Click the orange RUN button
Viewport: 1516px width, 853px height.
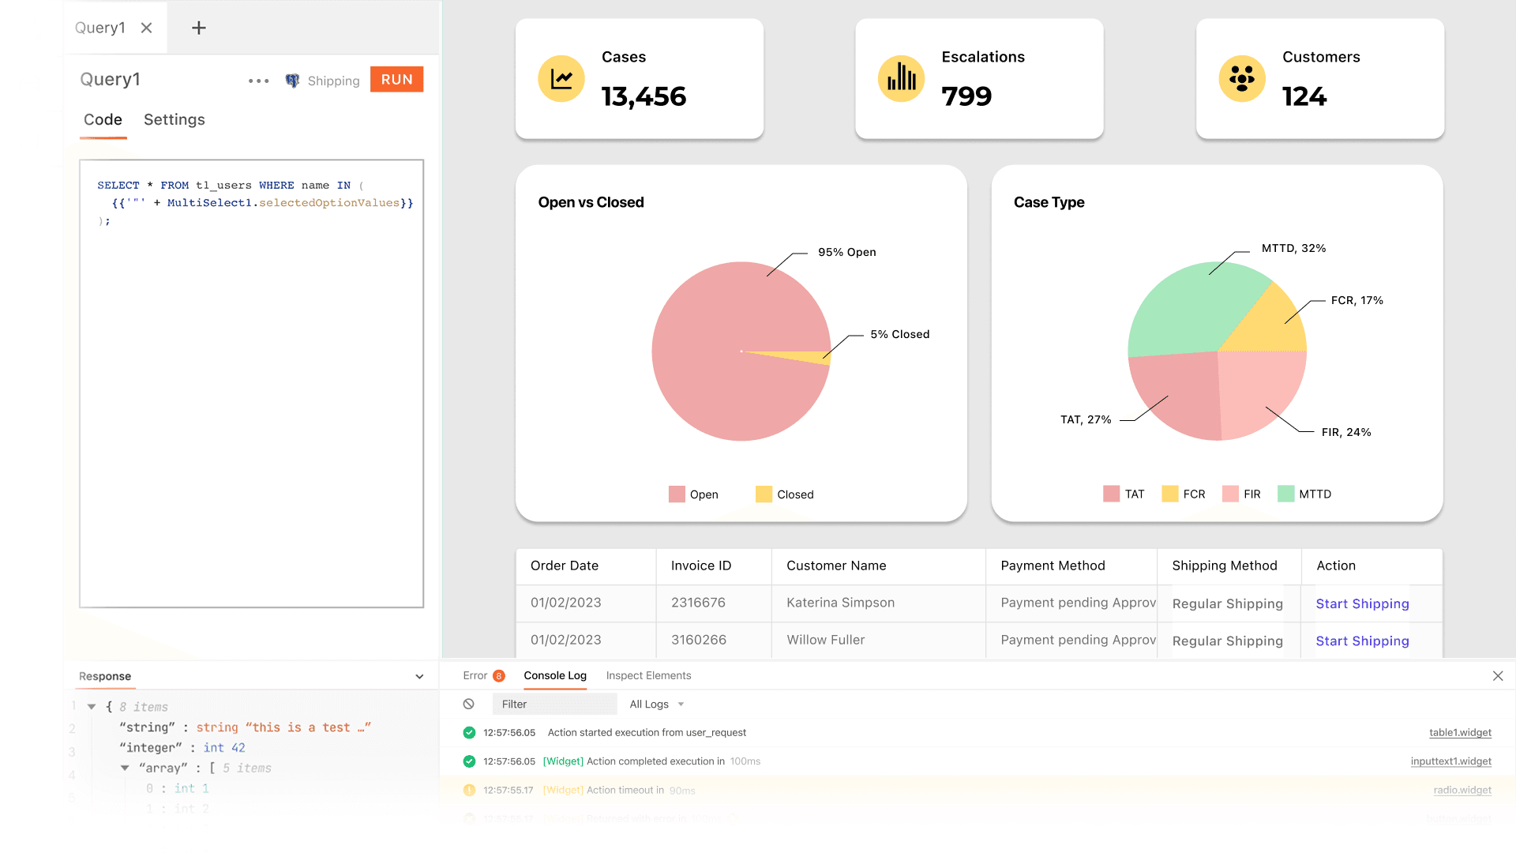tap(396, 80)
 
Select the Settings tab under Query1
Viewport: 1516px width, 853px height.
tap(174, 120)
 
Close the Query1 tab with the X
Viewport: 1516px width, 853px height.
tap(146, 28)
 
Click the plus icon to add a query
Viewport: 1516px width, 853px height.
tap(199, 28)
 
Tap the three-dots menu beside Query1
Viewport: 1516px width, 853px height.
tap(258, 81)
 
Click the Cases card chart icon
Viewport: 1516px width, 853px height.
tap(561, 78)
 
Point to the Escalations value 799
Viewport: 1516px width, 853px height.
tap(966, 96)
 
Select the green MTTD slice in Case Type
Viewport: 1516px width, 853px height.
tap(1184, 308)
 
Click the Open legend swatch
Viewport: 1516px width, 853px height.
tap(677, 494)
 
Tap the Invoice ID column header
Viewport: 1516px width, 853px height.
tap(701, 566)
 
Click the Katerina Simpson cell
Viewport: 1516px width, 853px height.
tap(840, 603)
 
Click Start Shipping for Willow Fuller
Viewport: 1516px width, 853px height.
tap(1362, 641)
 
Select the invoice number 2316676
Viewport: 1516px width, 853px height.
tap(698, 603)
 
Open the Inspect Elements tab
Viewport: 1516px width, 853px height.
tap(648, 675)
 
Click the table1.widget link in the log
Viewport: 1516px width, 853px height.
tap(1460, 733)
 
